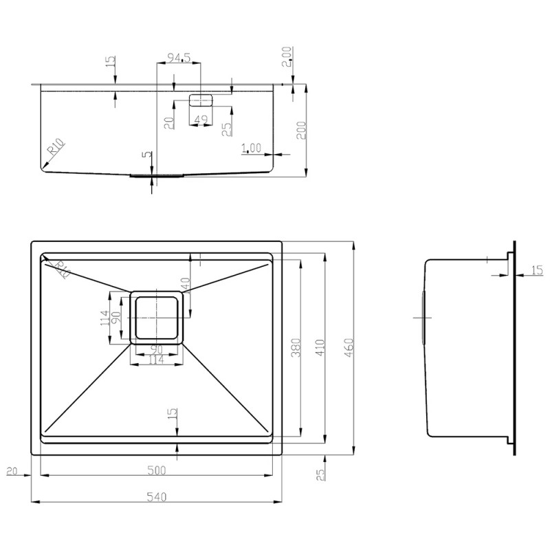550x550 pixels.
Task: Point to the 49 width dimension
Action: [x=201, y=120]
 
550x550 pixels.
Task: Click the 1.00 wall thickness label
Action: [x=252, y=147]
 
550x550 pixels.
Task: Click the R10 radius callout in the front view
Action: [x=56, y=148]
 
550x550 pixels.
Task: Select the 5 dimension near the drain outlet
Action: [x=145, y=155]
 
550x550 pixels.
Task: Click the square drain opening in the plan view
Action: [x=157, y=316]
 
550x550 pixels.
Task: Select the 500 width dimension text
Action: [x=157, y=470]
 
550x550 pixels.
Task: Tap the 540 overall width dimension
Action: [x=157, y=496]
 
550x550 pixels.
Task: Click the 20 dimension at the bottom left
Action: [x=11, y=471]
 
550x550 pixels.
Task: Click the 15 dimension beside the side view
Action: [x=537, y=271]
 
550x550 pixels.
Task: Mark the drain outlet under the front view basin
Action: [x=156, y=175]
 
